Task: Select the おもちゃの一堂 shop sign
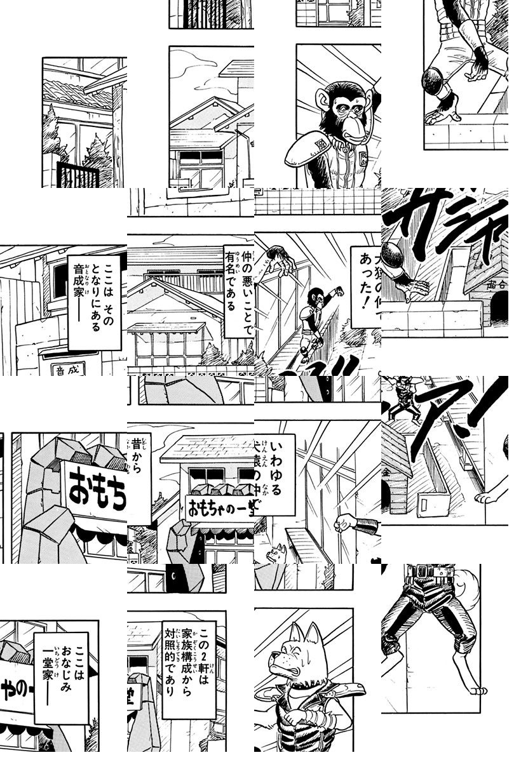(x=219, y=506)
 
